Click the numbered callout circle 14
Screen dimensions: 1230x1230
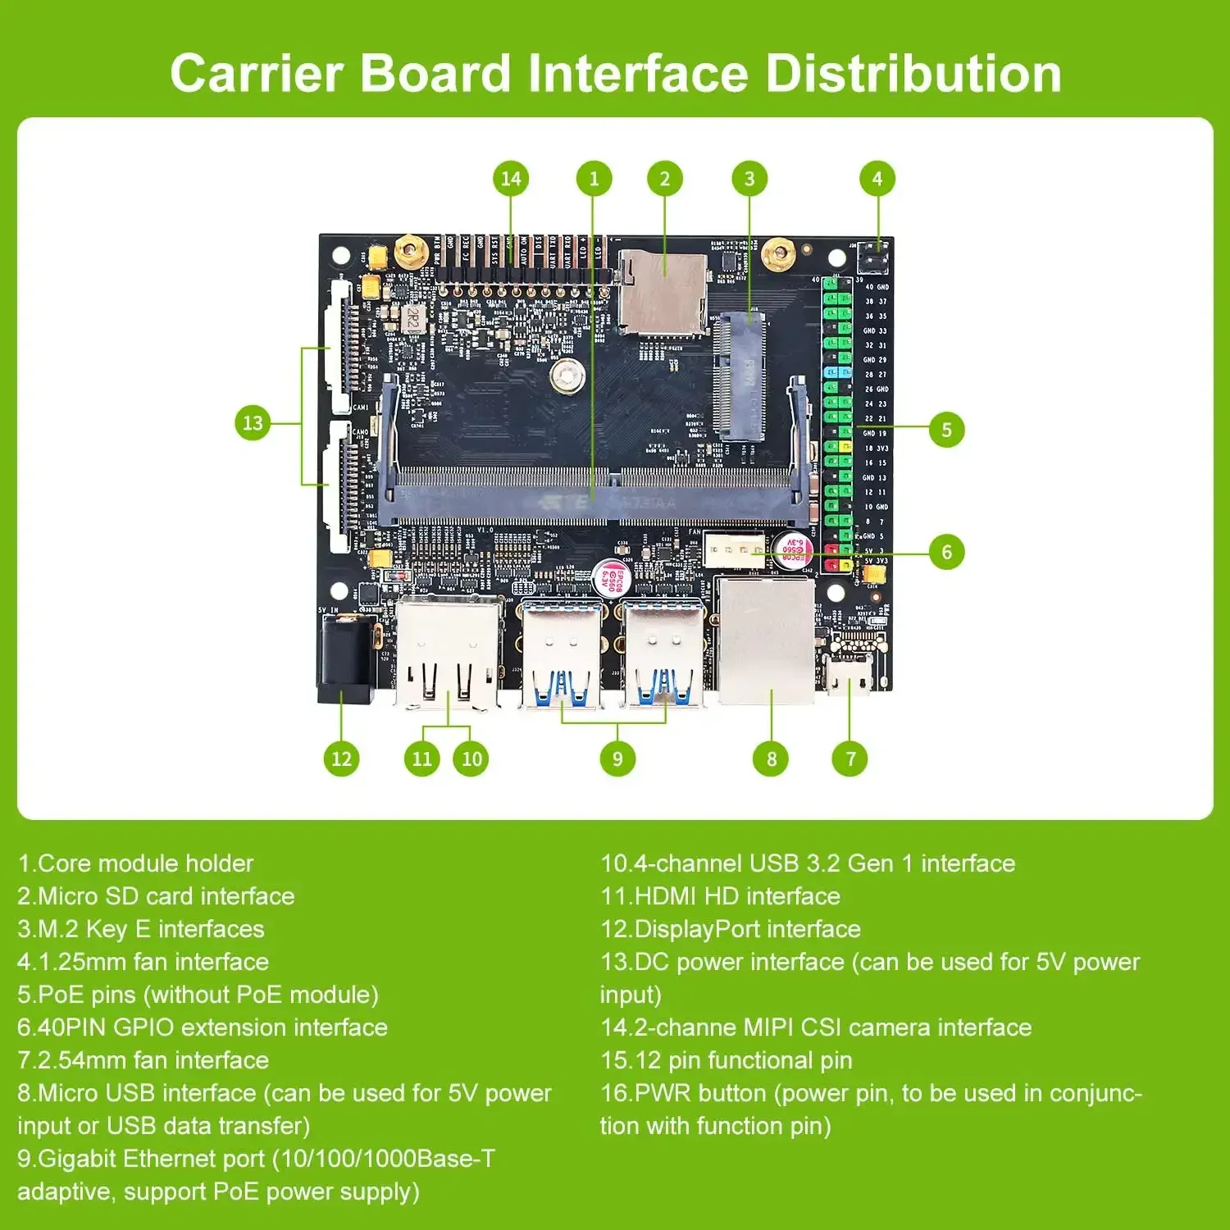click(510, 179)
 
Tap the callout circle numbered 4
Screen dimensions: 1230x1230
click(877, 179)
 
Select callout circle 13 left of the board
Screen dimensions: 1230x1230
click(253, 423)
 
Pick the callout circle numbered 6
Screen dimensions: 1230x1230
click(946, 552)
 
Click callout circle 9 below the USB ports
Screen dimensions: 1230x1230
click(617, 759)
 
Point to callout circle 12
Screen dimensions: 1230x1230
click(341, 759)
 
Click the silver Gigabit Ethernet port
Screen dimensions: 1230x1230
click(766, 640)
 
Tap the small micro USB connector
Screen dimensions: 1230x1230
click(848, 675)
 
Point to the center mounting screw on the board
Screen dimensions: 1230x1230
click(567, 376)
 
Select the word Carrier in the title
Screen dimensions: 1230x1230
click(257, 73)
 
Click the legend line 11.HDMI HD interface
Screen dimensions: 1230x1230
click(720, 896)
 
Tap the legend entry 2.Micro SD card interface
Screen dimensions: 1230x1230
click(156, 896)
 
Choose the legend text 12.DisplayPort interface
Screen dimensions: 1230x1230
click(731, 929)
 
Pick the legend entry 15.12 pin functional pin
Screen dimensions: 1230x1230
click(726, 1060)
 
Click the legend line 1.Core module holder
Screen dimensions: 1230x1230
click(135, 863)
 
